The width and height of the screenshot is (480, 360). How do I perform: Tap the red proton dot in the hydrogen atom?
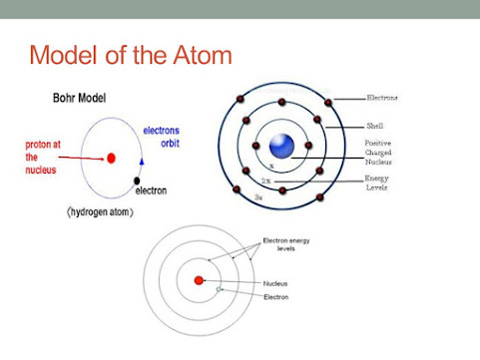pos(111,158)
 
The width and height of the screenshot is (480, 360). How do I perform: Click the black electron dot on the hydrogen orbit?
pos(137,180)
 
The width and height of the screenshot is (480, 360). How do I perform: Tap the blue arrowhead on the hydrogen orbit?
pos(142,160)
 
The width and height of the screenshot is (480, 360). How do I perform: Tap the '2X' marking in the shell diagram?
pos(264,181)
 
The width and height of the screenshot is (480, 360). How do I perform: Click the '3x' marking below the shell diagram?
pos(258,197)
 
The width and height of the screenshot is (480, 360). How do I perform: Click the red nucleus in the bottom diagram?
pos(200,282)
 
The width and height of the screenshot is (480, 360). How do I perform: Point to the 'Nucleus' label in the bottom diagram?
pos(276,283)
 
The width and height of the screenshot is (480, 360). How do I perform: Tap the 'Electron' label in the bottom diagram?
pos(277,297)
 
